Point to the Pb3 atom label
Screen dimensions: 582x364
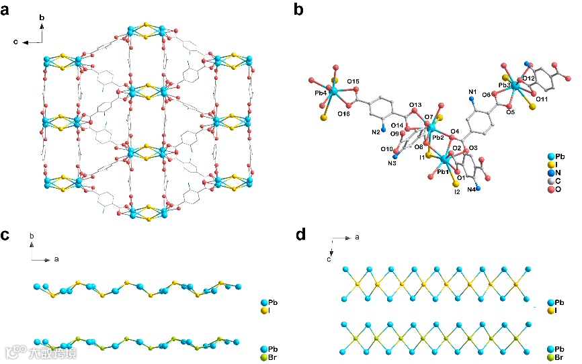pyautogui.click(x=506, y=86)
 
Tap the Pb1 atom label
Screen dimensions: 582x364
pyautogui.click(x=443, y=173)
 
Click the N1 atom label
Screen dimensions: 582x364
pyautogui.click(x=472, y=91)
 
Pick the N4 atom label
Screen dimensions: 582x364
pyautogui.click(x=472, y=189)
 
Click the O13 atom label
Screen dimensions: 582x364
pyautogui.click(x=415, y=105)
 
